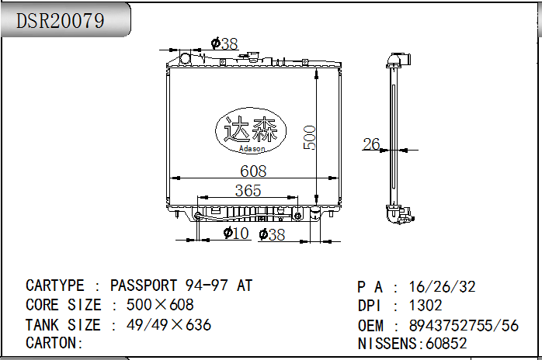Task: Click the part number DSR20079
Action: (x=60, y=20)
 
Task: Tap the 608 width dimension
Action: (x=253, y=171)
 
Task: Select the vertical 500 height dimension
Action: (x=309, y=137)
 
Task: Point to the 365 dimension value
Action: (x=248, y=190)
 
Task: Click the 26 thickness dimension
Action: (x=371, y=144)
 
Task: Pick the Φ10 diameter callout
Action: (x=236, y=233)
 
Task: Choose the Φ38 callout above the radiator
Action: (x=224, y=43)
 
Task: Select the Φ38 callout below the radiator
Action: (x=272, y=234)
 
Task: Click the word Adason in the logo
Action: (x=252, y=148)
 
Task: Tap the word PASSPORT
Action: (x=144, y=286)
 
